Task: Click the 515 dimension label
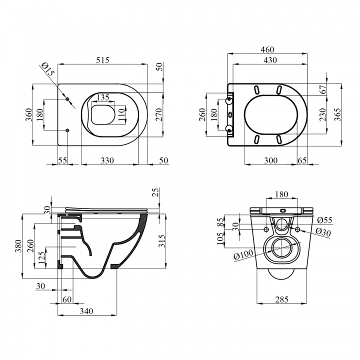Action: pos(102,60)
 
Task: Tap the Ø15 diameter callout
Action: pos(48,69)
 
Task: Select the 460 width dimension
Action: pos(267,49)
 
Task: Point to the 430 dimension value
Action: pos(270,60)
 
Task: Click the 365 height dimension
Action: pos(337,114)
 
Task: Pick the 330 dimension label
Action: pos(107,160)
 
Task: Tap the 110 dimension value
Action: pos(122,114)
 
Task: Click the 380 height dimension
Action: pos(18,246)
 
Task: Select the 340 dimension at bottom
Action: pos(86,311)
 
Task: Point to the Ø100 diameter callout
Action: pos(243,254)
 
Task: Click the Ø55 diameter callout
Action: pos(325,220)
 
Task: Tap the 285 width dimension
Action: pos(281,299)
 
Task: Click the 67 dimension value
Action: pos(323,89)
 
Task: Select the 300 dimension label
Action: pos(270,160)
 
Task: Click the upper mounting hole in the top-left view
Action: pos(67,99)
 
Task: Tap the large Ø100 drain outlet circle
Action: pos(281,247)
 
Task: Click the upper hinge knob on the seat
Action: pos(228,100)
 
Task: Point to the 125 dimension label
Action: pos(42,258)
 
